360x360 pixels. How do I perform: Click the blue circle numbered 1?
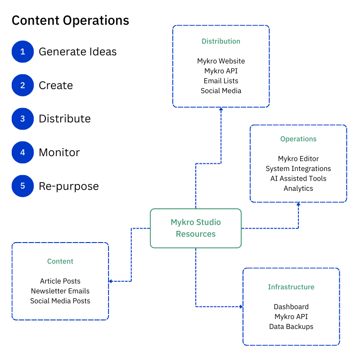(23, 52)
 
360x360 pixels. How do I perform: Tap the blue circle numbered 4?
(23, 153)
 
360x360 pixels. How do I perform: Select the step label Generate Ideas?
(77, 52)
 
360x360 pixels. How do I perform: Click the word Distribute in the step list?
(65, 119)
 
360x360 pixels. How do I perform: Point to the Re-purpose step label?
(68, 186)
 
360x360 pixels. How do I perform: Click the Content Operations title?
(70, 21)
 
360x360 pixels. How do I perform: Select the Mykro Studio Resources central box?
(196, 228)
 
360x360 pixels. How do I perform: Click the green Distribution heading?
(221, 41)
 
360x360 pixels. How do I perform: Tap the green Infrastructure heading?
(291, 287)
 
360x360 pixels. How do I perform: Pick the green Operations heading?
(298, 139)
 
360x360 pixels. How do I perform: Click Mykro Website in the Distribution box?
(221, 61)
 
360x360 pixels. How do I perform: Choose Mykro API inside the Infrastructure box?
(291, 317)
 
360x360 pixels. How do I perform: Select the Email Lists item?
(221, 81)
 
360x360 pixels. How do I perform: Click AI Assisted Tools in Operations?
(298, 179)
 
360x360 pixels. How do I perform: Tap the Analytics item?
(298, 189)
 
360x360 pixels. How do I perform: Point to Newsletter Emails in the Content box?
(60, 291)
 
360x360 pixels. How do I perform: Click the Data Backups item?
(291, 327)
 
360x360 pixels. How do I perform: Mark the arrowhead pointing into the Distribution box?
(221, 109)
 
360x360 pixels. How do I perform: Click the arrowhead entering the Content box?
(111, 281)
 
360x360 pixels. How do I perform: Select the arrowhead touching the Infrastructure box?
(241, 307)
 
